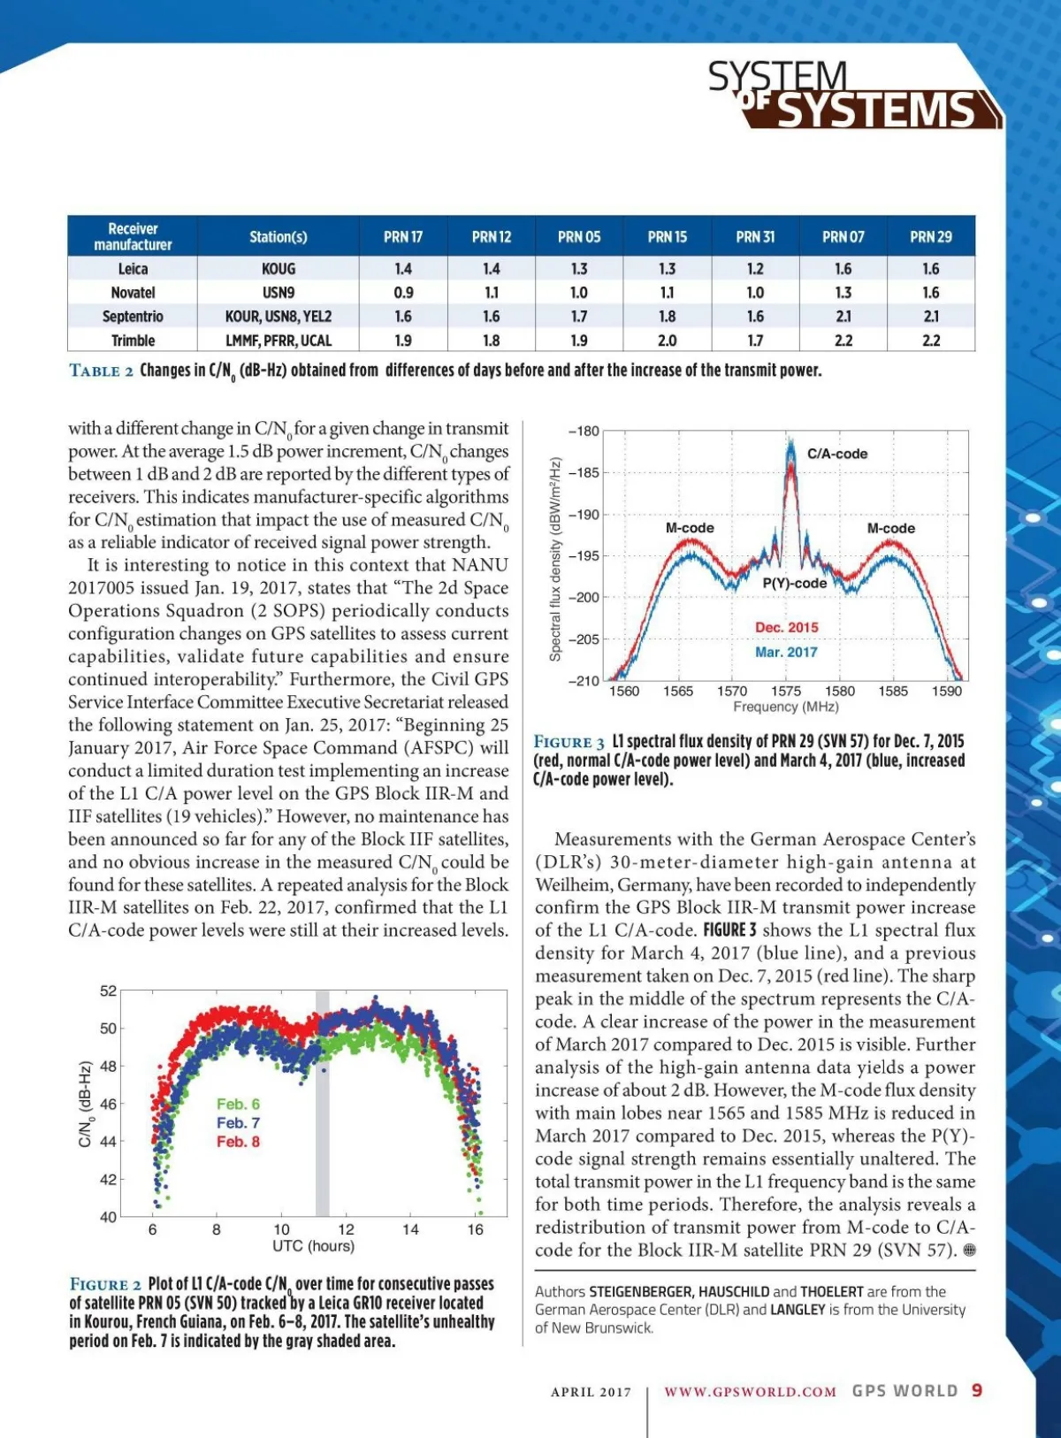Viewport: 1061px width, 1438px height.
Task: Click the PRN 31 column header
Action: (755, 237)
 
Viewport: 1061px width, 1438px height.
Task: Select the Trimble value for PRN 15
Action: (667, 340)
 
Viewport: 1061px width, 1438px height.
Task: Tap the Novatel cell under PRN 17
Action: (403, 293)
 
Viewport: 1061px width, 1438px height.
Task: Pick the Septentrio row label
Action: (133, 317)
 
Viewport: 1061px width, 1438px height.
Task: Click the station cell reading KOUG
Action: (279, 269)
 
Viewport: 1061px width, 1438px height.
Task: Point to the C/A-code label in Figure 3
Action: (836, 454)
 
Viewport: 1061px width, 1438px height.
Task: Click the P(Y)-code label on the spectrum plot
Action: (795, 583)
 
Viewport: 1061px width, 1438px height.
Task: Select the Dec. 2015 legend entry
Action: (786, 627)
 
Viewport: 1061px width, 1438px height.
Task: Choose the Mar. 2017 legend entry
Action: (786, 652)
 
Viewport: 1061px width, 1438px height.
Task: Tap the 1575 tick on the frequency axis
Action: (785, 691)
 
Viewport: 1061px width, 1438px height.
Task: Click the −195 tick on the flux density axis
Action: (583, 555)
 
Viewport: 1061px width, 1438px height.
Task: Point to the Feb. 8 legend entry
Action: (238, 1142)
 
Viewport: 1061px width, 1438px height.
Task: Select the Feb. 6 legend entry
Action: (238, 1104)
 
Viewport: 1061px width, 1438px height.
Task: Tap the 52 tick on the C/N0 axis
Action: (108, 991)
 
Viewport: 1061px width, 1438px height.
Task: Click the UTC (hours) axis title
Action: (313, 1246)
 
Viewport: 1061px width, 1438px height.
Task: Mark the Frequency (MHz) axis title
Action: (785, 707)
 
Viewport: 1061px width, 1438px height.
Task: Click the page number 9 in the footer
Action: (977, 1390)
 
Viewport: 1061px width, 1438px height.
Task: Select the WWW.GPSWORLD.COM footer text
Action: (750, 1391)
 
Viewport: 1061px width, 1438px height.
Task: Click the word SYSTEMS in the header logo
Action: (875, 111)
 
